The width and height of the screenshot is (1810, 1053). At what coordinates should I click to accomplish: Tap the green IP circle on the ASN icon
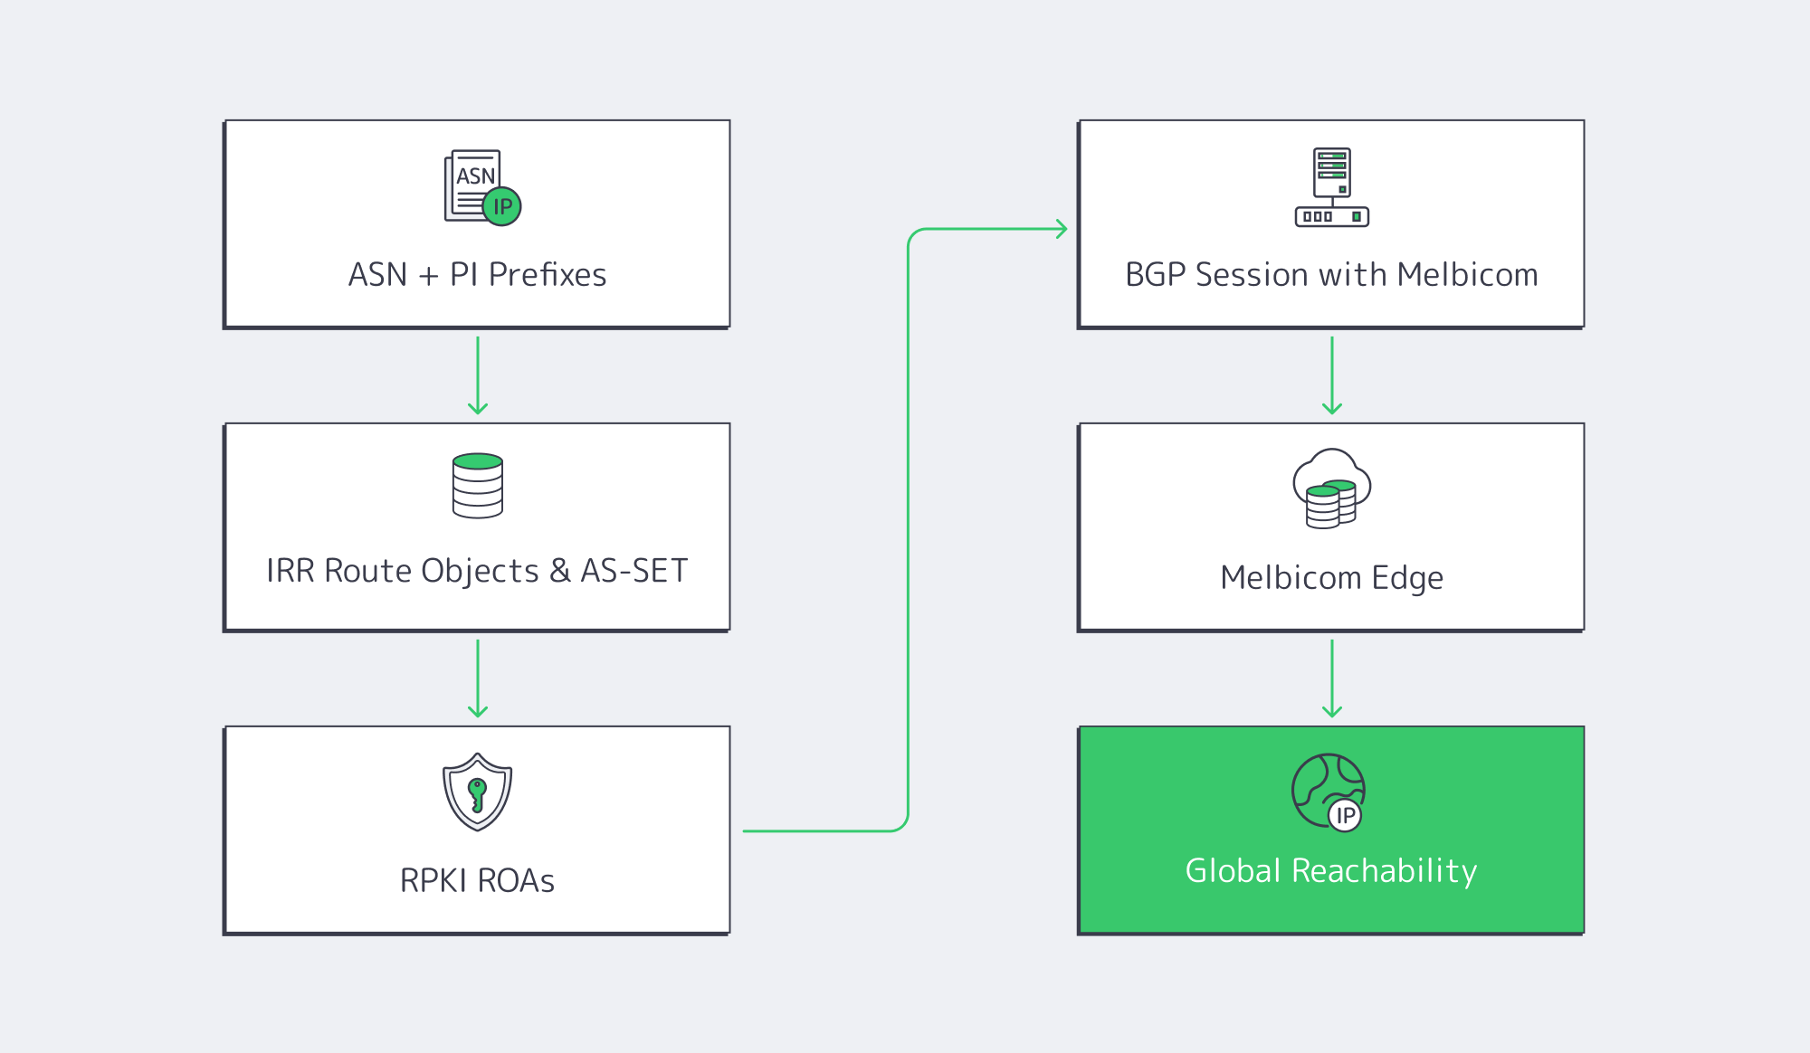[502, 207]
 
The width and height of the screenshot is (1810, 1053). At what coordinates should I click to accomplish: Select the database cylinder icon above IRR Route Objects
[478, 486]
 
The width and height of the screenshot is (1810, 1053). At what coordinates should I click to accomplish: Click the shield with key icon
[477, 792]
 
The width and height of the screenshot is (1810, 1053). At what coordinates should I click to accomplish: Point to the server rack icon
[1331, 187]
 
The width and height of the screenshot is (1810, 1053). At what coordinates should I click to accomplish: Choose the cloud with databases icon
[1331, 489]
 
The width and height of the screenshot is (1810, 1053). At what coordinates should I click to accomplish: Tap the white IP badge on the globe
[1346, 816]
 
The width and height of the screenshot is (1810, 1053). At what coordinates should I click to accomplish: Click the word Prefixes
[548, 275]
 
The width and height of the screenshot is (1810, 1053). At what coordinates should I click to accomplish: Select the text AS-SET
[633, 572]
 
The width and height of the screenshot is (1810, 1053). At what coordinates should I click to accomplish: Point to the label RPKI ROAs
[477, 881]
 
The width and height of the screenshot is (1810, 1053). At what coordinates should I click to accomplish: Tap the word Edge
[1407, 578]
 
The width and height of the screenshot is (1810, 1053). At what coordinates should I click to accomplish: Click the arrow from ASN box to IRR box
[478, 375]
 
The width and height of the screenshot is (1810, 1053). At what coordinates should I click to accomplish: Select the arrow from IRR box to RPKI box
[478, 678]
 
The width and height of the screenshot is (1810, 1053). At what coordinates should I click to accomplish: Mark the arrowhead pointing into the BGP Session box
[1062, 229]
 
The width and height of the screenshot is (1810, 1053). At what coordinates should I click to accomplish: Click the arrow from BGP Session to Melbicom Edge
[1331, 375]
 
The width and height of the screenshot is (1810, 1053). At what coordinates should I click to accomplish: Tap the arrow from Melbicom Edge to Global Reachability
[1331, 678]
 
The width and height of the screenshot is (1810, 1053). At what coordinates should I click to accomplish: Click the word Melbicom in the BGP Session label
[1466, 275]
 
